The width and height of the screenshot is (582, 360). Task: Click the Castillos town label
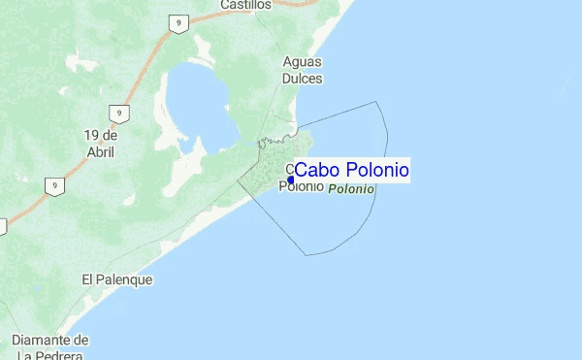point(245,5)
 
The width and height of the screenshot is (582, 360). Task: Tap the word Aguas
point(302,61)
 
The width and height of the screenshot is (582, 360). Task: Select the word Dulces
point(302,78)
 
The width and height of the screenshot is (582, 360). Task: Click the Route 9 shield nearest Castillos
point(178,24)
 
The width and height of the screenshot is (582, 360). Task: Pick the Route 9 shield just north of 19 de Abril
point(117,113)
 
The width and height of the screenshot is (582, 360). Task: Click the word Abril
point(100,152)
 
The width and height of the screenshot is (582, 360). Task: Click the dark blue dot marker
point(291,180)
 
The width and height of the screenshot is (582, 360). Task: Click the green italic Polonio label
point(351,189)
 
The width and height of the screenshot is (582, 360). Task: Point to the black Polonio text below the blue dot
point(301,186)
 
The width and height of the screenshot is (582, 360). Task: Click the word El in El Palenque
point(87,279)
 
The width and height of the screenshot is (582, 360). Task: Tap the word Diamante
point(43,341)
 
